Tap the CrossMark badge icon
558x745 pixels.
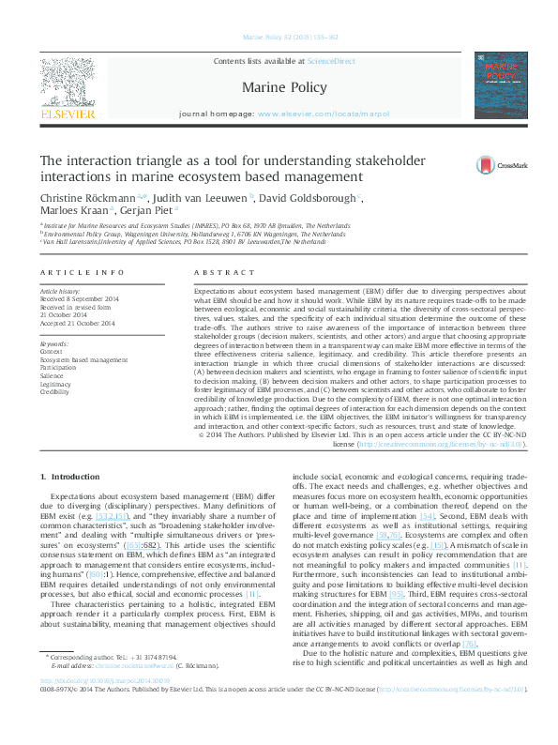(499, 163)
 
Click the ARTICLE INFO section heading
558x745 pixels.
(83, 272)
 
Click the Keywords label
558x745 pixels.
(54, 344)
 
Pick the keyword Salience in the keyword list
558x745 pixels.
(54, 375)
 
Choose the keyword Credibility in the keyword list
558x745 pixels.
(56, 391)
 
